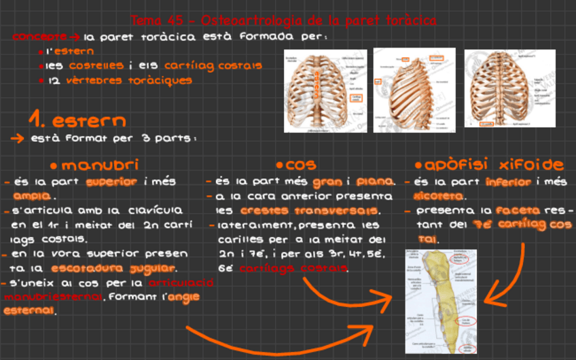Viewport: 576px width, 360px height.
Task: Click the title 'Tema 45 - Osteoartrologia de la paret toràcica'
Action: [283, 21]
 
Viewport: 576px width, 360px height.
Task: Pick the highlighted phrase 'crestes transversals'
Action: [309, 211]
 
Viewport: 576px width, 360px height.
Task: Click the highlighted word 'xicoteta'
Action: [438, 196]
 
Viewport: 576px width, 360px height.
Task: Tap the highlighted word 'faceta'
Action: [518, 211]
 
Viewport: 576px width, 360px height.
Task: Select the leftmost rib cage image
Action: [325, 90]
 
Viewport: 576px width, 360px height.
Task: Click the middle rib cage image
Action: [414, 90]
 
